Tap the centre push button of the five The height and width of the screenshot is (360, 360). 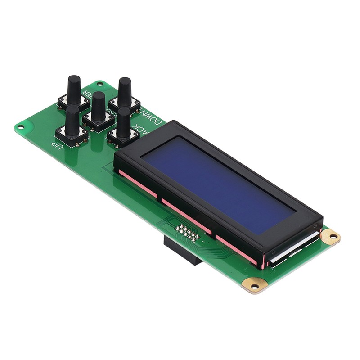coord(98,108)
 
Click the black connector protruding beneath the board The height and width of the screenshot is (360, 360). coord(180,252)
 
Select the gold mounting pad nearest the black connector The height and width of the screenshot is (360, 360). coord(255,285)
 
